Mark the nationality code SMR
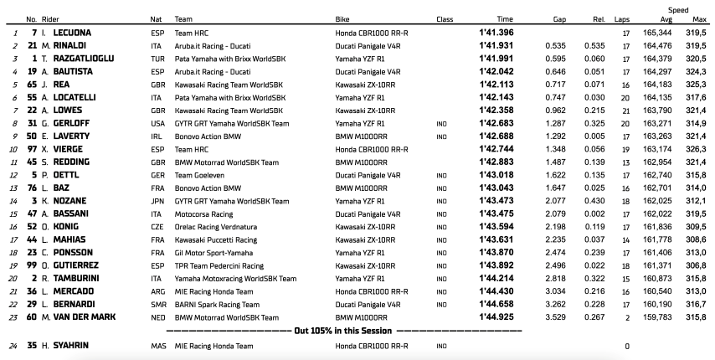pyautogui.click(x=157, y=303)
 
